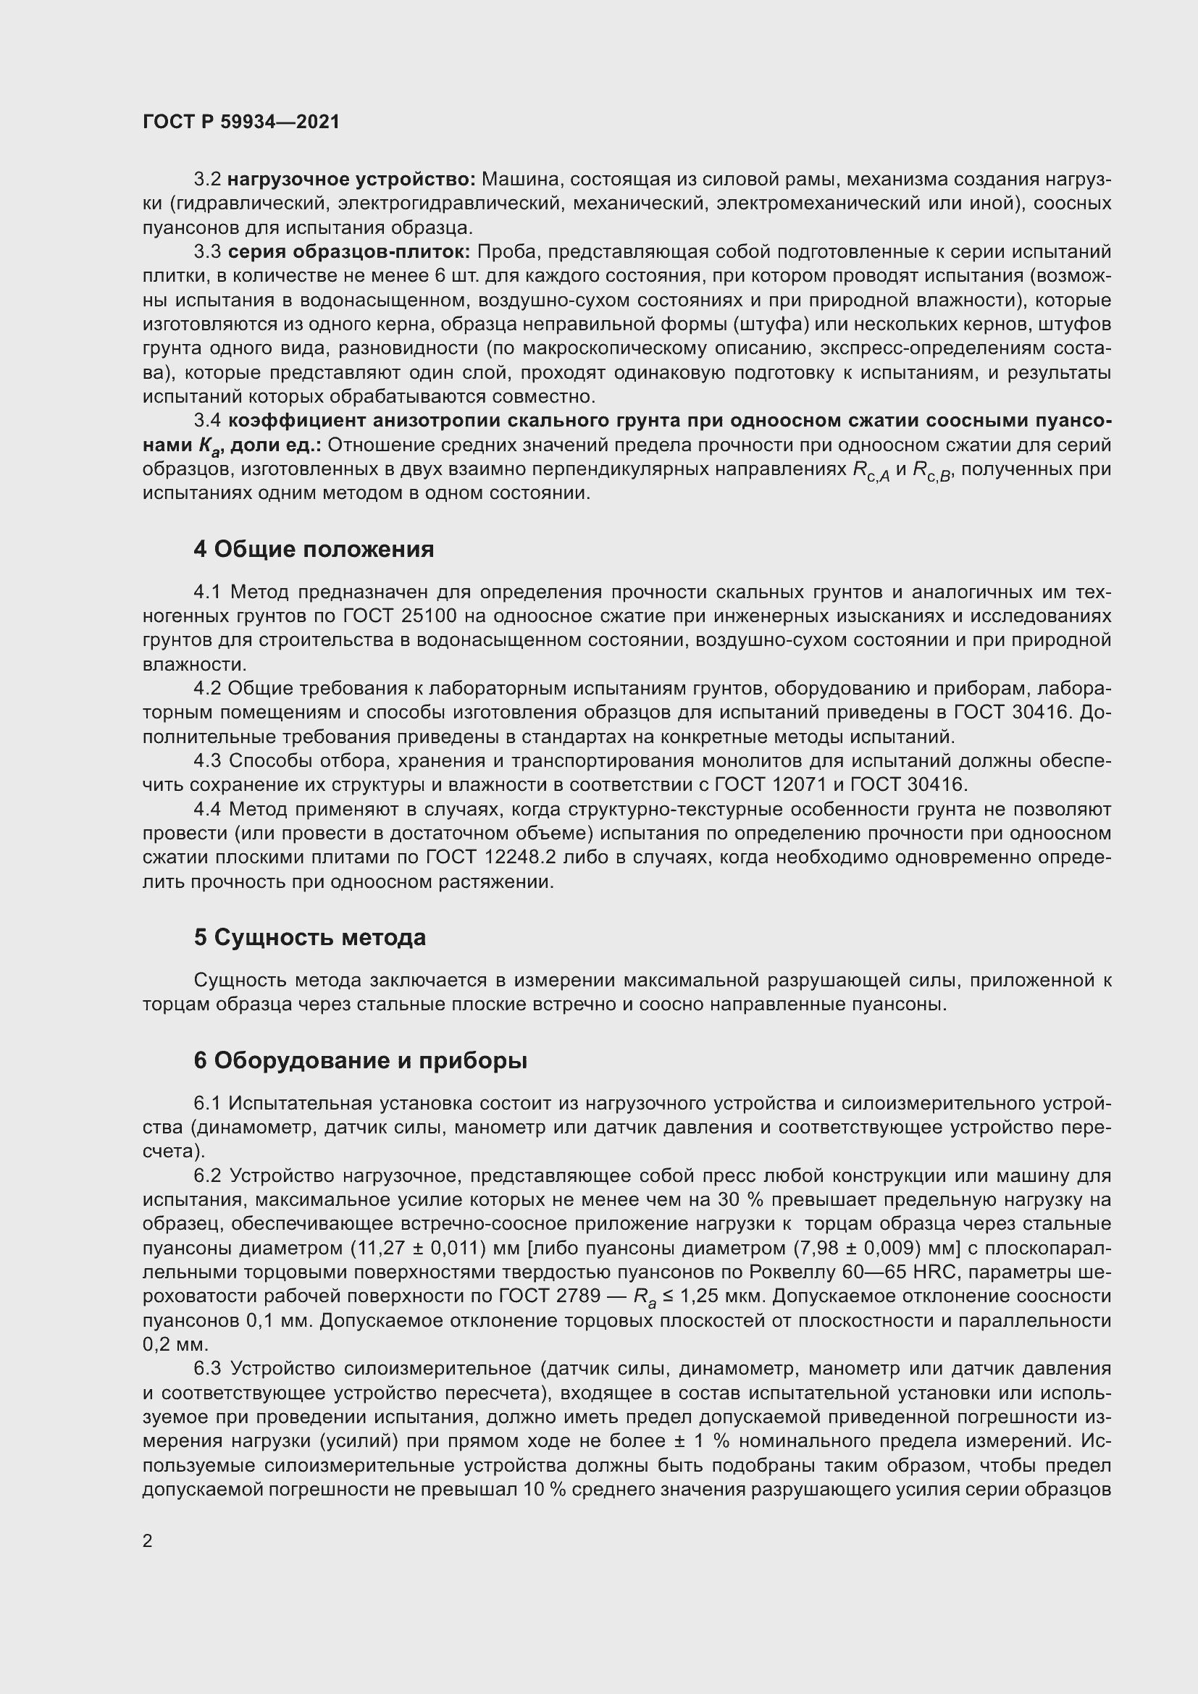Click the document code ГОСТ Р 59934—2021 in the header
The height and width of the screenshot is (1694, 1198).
(241, 122)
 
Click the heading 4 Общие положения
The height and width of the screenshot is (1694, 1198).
(314, 549)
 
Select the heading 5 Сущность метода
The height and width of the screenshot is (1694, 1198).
(310, 938)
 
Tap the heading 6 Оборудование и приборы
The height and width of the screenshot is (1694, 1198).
(360, 1061)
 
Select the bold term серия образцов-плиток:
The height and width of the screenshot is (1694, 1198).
(349, 252)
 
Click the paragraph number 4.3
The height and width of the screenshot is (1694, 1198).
(207, 760)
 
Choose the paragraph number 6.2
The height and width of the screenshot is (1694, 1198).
(207, 1176)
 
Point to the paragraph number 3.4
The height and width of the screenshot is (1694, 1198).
(207, 422)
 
